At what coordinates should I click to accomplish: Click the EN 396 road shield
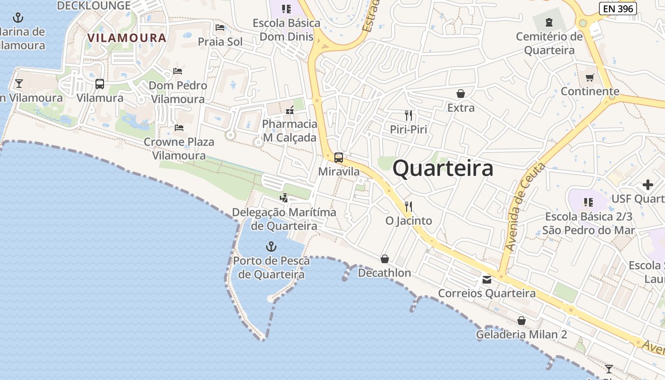coord(617,9)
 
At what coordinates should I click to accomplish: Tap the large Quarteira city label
coord(443,169)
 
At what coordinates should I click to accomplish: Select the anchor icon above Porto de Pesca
coord(271,247)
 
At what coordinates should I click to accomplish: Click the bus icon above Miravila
coord(339,158)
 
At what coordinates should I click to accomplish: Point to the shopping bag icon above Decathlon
coord(385,259)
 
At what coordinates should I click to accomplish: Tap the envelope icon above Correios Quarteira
coord(487,280)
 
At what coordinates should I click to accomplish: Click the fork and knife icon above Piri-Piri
coord(408,115)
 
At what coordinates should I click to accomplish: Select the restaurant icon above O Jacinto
coord(408,207)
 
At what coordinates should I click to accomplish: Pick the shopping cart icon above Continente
coord(589,77)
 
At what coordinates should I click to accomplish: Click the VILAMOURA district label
coord(127,38)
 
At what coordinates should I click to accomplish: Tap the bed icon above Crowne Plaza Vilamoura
coord(179,128)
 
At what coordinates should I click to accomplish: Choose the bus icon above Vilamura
coord(100,84)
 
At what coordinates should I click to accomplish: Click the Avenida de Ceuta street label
coord(525,207)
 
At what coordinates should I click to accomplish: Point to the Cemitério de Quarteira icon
coord(549,22)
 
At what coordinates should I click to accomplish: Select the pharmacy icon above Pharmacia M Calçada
coord(290,110)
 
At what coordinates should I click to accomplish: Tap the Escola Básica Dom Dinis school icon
coord(286,9)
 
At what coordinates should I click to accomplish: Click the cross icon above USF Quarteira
coord(648,185)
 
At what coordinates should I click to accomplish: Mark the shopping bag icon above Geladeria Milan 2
coord(522,321)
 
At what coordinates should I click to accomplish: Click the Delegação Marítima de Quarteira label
coord(284,219)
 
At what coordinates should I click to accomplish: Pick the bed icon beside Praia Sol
coord(219,28)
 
